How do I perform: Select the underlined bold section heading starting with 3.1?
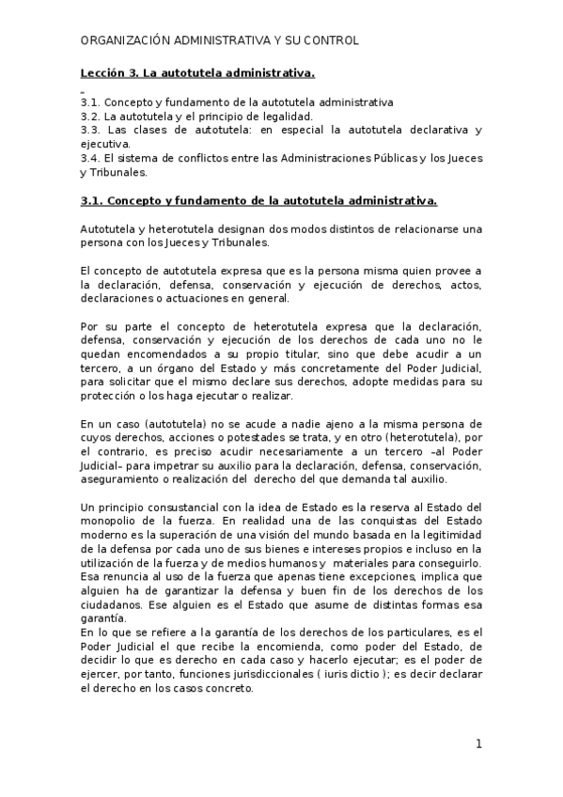click(x=258, y=201)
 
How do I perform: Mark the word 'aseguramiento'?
click(x=117, y=478)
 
